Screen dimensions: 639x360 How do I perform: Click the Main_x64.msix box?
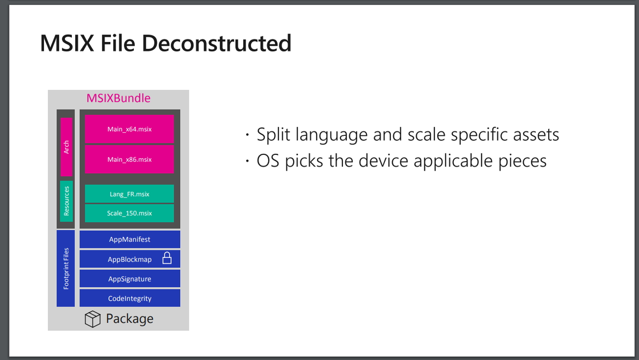coord(129,129)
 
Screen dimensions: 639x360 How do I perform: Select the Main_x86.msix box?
coord(129,159)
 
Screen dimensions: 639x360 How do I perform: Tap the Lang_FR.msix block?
coord(129,194)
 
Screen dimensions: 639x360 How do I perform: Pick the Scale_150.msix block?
coord(129,213)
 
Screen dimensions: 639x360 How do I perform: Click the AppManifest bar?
coord(130,239)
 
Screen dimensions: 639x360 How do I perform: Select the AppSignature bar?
coord(130,279)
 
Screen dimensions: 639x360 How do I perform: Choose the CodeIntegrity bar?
coord(130,298)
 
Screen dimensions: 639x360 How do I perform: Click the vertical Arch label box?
coord(66,147)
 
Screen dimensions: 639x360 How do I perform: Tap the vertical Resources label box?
coord(66,201)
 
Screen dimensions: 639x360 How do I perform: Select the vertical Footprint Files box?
coord(65,269)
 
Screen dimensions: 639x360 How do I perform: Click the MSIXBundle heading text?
coord(118,98)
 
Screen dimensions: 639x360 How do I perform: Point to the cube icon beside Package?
coord(92,319)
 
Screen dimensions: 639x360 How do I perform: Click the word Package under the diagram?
coord(129,319)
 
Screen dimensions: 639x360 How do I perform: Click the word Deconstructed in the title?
coord(217,43)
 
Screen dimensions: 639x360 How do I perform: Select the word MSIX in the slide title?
coord(67,43)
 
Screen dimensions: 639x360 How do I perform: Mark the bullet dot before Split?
coord(247,135)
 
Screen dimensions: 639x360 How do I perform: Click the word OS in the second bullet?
coord(268,161)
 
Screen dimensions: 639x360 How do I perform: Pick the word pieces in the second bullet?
coord(522,161)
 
